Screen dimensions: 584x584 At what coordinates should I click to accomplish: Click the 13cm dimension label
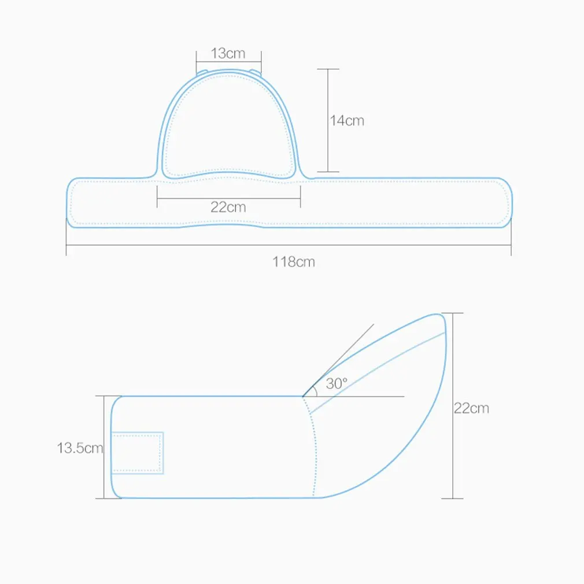tap(228, 54)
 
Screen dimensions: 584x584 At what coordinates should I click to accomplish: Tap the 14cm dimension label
tap(347, 120)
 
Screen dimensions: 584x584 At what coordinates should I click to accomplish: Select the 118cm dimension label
tap(294, 261)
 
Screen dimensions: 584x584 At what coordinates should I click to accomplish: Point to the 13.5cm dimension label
tap(80, 447)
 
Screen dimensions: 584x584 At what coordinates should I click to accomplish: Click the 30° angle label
tap(337, 383)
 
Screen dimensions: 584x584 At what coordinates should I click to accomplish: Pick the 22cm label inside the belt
tap(228, 206)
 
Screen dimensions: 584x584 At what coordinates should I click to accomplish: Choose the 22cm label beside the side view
tap(471, 408)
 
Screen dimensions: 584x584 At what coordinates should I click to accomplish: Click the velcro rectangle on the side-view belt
tap(138, 452)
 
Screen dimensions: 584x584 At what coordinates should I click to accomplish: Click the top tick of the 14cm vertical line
tap(328, 69)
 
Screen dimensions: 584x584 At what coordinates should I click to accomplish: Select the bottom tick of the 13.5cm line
tap(105, 498)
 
